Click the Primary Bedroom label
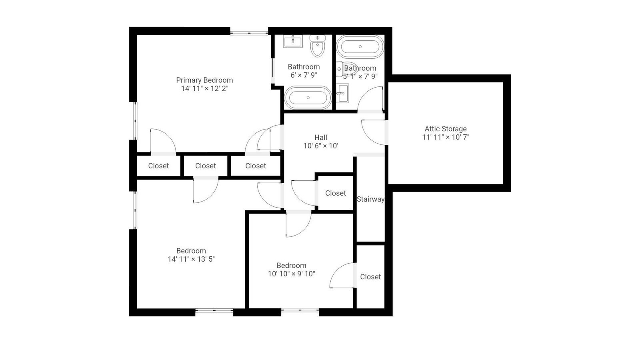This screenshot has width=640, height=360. pyautogui.click(x=204, y=80)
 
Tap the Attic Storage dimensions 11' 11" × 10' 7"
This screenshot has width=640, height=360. pyautogui.click(x=446, y=137)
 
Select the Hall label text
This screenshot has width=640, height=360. pyautogui.click(x=320, y=138)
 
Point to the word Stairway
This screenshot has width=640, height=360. pyautogui.click(x=370, y=200)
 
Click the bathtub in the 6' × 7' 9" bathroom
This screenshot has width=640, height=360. pyautogui.click(x=308, y=98)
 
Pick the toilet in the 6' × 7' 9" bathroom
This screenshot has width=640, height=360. pyautogui.click(x=318, y=46)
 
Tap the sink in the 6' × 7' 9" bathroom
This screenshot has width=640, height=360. pyautogui.click(x=293, y=41)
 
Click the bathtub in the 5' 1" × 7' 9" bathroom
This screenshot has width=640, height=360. pyautogui.click(x=360, y=46)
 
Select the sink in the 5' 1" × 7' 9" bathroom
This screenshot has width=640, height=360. pyautogui.click(x=342, y=93)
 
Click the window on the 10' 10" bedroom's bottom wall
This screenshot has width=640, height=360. pyautogui.click(x=300, y=310)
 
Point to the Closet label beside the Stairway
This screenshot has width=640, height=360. pyautogui.click(x=336, y=194)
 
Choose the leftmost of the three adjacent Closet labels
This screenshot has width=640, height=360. pyautogui.click(x=158, y=166)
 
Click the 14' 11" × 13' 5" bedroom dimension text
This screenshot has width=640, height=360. pyautogui.click(x=191, y=259)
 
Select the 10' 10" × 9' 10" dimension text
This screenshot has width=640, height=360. pyautogui.click(x=292, y=274)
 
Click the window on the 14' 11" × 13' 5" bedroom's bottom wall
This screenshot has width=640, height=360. pyautogui.click(x=214, y=310)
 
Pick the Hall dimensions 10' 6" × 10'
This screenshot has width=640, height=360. pyautogui.click(x=321, y=146)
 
